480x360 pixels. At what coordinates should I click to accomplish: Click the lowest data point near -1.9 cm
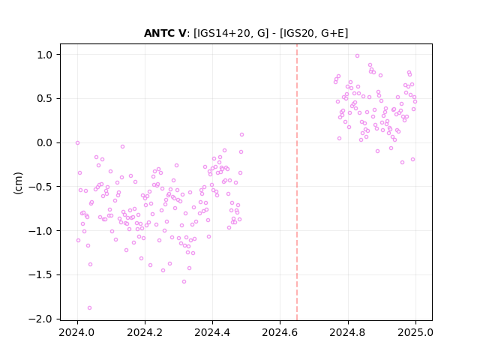[89, 307]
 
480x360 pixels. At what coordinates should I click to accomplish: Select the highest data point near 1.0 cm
[357, 56]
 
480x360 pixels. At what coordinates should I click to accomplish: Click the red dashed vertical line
[297, 182]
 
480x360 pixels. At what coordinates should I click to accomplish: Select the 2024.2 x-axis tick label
[145, 332]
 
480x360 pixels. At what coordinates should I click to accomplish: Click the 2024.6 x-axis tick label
[280, 332]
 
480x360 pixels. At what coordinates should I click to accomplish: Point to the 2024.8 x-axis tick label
[348, 332]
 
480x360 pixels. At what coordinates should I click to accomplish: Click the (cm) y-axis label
[18, 183]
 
